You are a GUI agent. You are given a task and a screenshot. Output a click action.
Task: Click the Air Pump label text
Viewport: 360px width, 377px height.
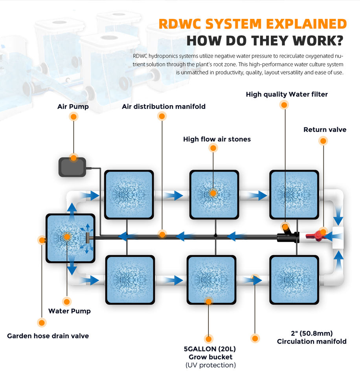pos(73,106)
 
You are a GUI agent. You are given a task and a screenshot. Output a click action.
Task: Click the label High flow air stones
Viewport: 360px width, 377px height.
pos(217,139)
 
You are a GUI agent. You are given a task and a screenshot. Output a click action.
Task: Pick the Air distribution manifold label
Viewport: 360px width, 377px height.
pos(163,106)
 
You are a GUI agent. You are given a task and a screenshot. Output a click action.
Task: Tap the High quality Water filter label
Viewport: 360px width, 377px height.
pos(287,94)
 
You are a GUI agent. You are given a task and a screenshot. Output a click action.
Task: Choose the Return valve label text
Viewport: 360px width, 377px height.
pos(325,130)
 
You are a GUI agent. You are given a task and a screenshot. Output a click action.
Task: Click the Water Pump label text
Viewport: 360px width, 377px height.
pos(69,311)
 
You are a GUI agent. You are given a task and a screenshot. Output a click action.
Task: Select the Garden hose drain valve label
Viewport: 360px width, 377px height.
pos(48,336)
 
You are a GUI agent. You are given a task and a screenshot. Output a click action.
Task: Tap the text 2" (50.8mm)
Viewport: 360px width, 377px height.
pos(312,333)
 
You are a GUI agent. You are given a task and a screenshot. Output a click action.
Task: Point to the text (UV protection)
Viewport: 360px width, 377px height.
pos(210,365)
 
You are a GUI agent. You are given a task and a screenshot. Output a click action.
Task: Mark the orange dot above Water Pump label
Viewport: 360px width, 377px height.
pos(67,302)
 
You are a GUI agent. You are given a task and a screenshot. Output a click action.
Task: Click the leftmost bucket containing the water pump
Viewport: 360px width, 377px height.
pos(70,238)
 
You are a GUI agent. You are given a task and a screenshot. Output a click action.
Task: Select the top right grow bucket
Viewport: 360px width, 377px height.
pos(294,194)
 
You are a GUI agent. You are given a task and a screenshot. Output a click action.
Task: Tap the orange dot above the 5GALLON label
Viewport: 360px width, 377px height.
pos(209,339)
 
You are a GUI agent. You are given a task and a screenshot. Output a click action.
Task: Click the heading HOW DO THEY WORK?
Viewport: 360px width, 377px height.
pos(264,41)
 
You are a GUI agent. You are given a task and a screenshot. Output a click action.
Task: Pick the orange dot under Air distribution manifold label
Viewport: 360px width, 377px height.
pos(162,116)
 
